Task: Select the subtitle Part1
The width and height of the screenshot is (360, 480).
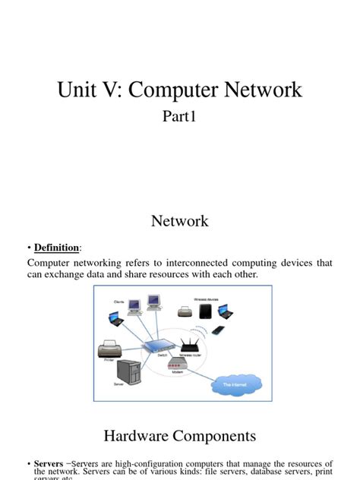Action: pos(180,118)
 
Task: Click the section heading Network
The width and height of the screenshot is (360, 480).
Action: pos(180,221)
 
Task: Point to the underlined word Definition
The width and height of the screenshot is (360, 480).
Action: pos(56,248)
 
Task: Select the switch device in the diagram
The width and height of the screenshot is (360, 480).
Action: pos(163,345)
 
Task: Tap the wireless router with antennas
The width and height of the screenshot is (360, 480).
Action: pos(189,346)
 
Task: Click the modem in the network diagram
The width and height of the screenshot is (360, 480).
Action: pos(180,365)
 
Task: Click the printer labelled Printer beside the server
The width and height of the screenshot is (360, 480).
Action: pos(109,350)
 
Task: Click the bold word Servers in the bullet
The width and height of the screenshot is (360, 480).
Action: pos(48,463)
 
